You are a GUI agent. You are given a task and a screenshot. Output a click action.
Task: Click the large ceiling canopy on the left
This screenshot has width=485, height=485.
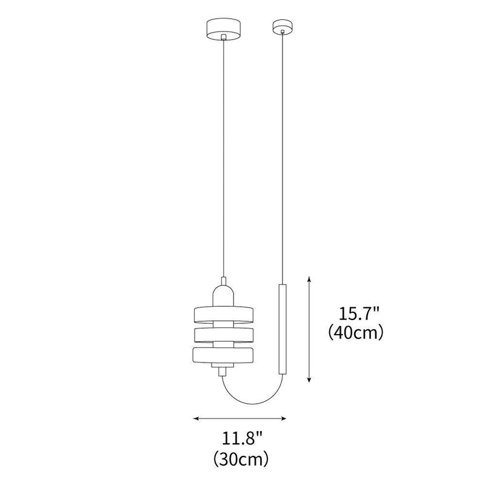tap(224, 27)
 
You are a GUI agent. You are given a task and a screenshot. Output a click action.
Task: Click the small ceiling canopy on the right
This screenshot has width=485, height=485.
tap(281, 26)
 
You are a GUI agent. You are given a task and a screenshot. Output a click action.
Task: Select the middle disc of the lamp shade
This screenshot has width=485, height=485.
tap(224, 335)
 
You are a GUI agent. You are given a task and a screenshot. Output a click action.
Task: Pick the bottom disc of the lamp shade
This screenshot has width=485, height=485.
tap(224, 356)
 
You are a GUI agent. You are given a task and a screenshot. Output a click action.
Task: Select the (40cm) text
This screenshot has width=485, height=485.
tap(358, 333)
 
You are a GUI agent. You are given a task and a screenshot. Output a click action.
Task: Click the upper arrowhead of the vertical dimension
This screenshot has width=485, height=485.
tap(310, 278)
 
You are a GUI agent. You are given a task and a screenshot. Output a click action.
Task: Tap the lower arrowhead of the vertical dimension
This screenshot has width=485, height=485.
tap(310, 380)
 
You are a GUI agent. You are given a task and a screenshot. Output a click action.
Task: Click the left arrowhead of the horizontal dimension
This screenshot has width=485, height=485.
tap(195, 418)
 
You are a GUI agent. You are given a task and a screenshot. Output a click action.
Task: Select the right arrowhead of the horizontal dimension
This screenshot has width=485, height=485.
tap(284, 418)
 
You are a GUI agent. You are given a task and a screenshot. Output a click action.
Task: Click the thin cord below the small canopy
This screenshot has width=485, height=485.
tap(281, 152)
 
